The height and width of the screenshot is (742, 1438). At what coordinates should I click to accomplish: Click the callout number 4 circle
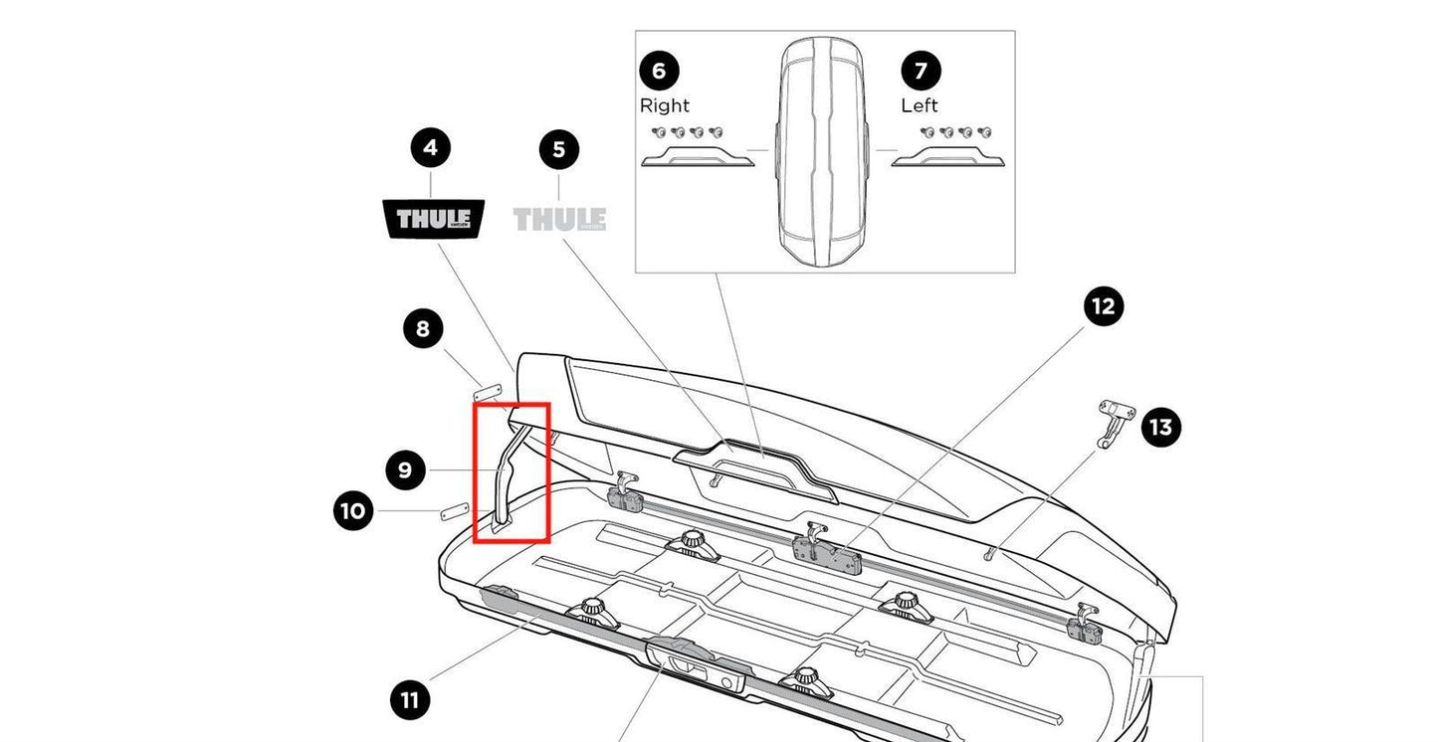click(x=430, y=148)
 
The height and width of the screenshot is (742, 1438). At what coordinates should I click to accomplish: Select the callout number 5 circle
click(x=558, y=149)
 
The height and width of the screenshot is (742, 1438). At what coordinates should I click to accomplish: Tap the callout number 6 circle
click(x=659, y=71)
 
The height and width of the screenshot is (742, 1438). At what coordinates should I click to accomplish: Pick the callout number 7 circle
click(x=921, y=71)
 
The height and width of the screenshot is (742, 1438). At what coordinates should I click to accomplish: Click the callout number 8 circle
click(x=423, y=328)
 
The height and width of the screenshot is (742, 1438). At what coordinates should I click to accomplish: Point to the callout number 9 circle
click(x=405, y=469)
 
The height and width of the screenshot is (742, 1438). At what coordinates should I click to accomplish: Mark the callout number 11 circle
click(x=409, y=700)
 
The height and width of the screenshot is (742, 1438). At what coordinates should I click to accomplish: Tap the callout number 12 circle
click(x=1103, y=306)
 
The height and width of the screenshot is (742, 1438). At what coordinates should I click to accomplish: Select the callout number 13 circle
click(x=1160, y=428)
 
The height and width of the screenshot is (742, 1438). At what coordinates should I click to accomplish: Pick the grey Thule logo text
click(x=559, y=219)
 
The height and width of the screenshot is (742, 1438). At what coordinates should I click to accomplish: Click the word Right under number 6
click(x=664, y=105)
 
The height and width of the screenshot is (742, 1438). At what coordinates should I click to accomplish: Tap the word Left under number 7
click(x=920, y=105)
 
